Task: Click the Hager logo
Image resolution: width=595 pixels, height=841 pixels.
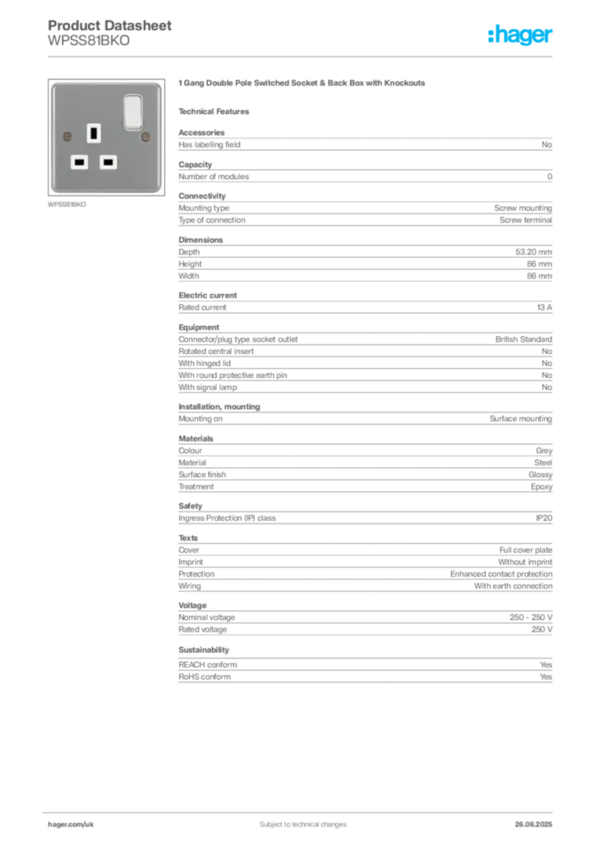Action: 519,35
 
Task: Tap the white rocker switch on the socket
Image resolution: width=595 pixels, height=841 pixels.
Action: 133,112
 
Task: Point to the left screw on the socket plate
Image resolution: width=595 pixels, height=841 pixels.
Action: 67,137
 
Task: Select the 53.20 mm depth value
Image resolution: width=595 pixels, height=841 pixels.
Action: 533,252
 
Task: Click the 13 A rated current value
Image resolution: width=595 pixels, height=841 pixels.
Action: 544,307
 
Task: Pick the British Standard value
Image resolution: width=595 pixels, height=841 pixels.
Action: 524,339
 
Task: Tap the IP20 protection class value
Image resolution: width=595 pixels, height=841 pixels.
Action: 543,518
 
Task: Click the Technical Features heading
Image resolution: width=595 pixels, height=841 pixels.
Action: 214,112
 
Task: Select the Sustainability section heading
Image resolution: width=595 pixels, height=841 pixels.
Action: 203,650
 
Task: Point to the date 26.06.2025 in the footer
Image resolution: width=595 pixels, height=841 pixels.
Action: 533,825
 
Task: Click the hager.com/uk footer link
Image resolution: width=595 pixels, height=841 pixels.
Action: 71,825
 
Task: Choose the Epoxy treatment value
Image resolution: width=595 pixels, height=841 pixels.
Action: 542,487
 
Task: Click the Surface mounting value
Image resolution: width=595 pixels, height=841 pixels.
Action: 520,419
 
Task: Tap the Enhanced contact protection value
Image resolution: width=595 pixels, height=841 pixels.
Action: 501,574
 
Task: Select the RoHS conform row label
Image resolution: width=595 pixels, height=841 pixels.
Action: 205,677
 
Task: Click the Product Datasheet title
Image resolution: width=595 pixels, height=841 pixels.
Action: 109,25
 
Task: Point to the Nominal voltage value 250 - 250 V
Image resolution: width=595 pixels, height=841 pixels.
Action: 531,618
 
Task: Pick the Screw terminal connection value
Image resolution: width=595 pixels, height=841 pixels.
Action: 525,220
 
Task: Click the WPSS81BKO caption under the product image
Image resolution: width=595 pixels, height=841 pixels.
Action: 67,205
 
